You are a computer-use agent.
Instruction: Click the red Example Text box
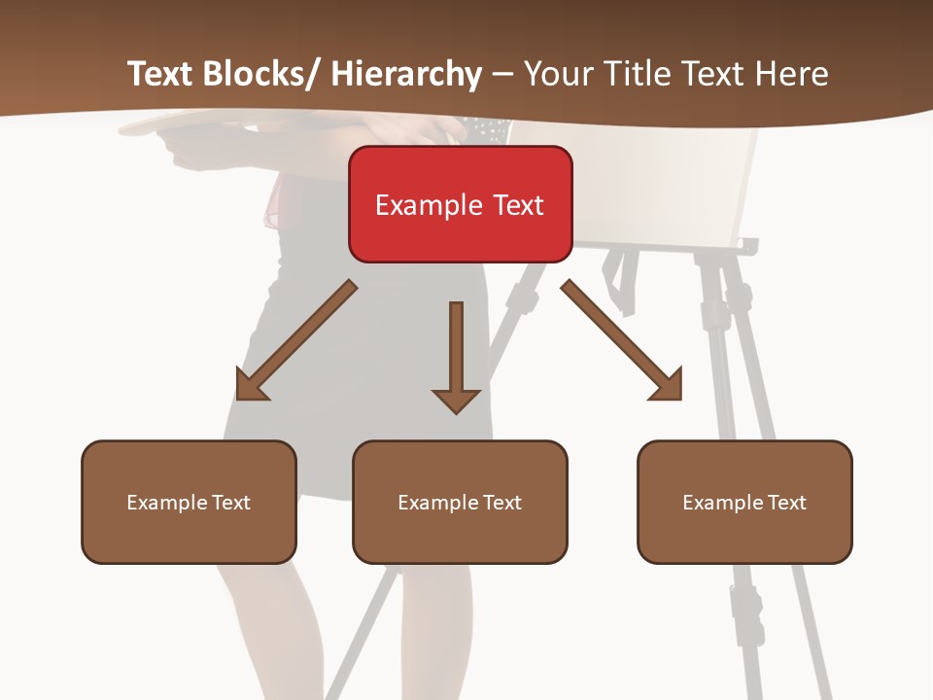coord(460,204)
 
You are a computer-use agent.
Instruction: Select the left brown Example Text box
coord(189,502)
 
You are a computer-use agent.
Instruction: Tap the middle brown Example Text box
coord(460,502)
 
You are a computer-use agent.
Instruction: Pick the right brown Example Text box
coord(744,502)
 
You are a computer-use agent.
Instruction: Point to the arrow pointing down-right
coord(622,340)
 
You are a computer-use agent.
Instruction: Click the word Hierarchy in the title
coord(406,74)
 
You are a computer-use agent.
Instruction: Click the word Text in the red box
coord(517,205)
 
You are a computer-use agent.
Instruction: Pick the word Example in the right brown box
coord(719,503)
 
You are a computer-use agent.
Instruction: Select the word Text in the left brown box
coord(229,503)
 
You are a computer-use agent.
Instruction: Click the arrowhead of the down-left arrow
coord(251,386)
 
